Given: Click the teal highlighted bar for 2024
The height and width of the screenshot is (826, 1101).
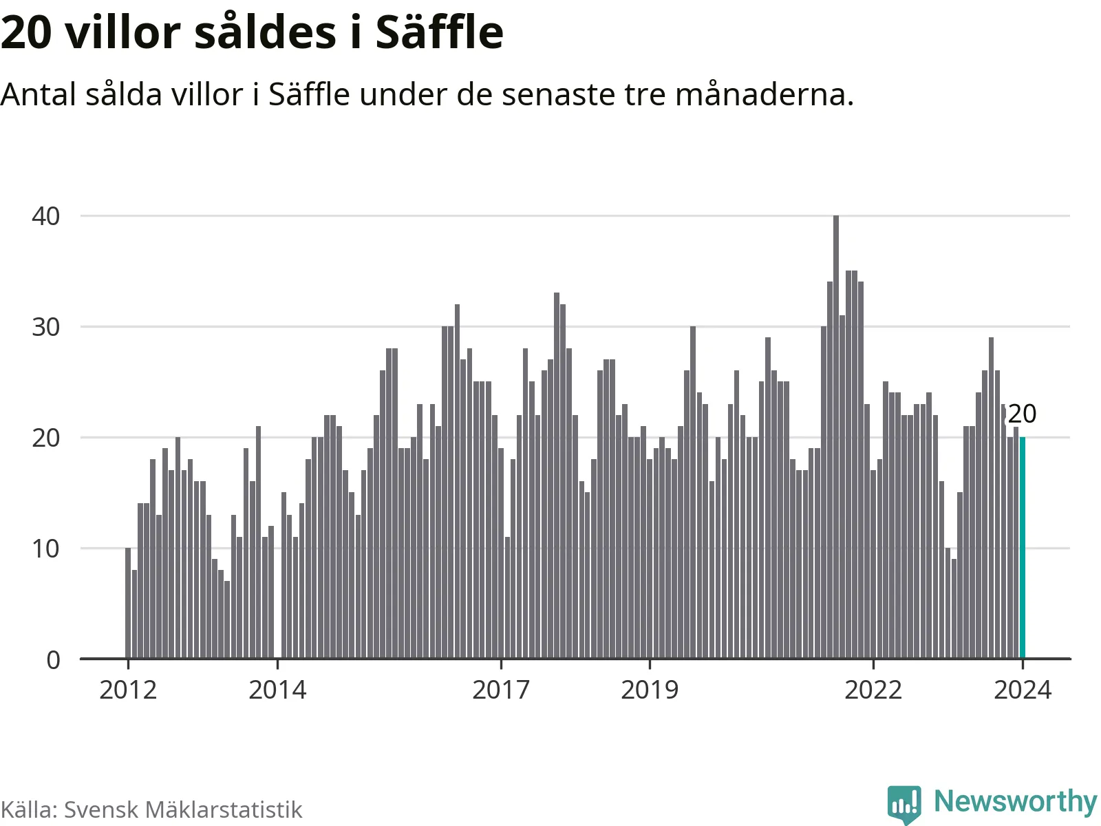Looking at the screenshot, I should (x=1022, y=548).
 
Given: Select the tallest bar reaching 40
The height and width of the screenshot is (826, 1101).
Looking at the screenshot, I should (x=836, y=437).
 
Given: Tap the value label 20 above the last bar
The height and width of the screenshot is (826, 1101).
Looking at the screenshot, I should (x=1022, y=414).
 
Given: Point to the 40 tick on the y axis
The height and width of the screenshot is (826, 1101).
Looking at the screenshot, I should (x=46, y=216).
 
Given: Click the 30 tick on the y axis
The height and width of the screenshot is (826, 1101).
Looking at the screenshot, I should (x=46, y=327).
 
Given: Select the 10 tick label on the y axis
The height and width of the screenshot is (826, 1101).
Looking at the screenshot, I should (x=46, y=549).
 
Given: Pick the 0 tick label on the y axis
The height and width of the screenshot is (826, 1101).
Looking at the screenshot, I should (x=53, y=660).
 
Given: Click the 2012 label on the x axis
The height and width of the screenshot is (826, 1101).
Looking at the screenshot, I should (x=128, y=689).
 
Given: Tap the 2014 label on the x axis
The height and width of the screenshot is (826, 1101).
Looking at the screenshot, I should (x=277, y=689).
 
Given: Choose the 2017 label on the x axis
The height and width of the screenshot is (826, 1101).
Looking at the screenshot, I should (x=501, y=689).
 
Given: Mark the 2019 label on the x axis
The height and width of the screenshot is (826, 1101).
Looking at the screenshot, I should (x=650, y=689).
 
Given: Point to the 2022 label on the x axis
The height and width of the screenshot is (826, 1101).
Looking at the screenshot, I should (x=873, y=689).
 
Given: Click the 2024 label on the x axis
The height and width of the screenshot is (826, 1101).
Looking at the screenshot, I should (x=1023, y=689).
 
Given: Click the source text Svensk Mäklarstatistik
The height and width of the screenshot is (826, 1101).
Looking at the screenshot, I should (x=183, y=809).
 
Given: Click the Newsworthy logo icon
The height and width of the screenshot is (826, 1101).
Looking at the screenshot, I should (x=904, y=803).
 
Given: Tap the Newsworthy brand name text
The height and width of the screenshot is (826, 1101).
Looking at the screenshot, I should (x=1015, y=802).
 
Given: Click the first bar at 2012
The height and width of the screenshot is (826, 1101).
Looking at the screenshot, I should (x=128, y=604).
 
